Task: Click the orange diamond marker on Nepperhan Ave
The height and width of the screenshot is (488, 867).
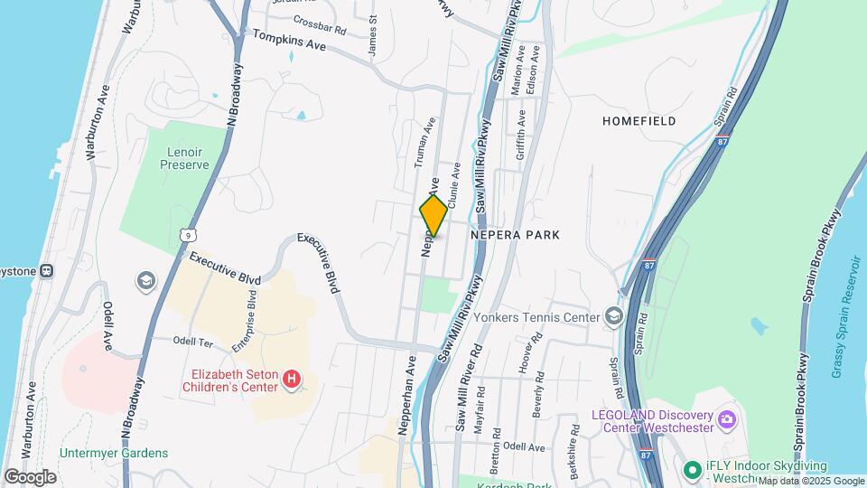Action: (433, 215)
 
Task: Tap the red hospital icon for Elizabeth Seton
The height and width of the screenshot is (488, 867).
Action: (291, 380)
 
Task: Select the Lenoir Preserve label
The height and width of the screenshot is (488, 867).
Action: (184, 158)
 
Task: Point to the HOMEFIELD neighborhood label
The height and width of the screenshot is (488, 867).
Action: (639, 120)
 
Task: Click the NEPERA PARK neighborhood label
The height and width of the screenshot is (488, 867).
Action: (516, 235)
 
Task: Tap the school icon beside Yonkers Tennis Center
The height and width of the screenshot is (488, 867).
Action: (614, 316)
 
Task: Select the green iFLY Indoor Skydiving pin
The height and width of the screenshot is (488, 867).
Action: (693, 470)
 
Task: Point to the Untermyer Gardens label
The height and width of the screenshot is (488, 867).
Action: (114, 453)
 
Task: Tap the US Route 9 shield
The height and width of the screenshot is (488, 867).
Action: (186, 235)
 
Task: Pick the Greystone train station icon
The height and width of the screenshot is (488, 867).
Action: (46, 270)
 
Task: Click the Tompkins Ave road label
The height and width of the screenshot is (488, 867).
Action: (289, 41)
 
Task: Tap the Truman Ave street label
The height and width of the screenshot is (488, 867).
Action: (424, 142)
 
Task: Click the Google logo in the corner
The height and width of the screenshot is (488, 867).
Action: (30, 476)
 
